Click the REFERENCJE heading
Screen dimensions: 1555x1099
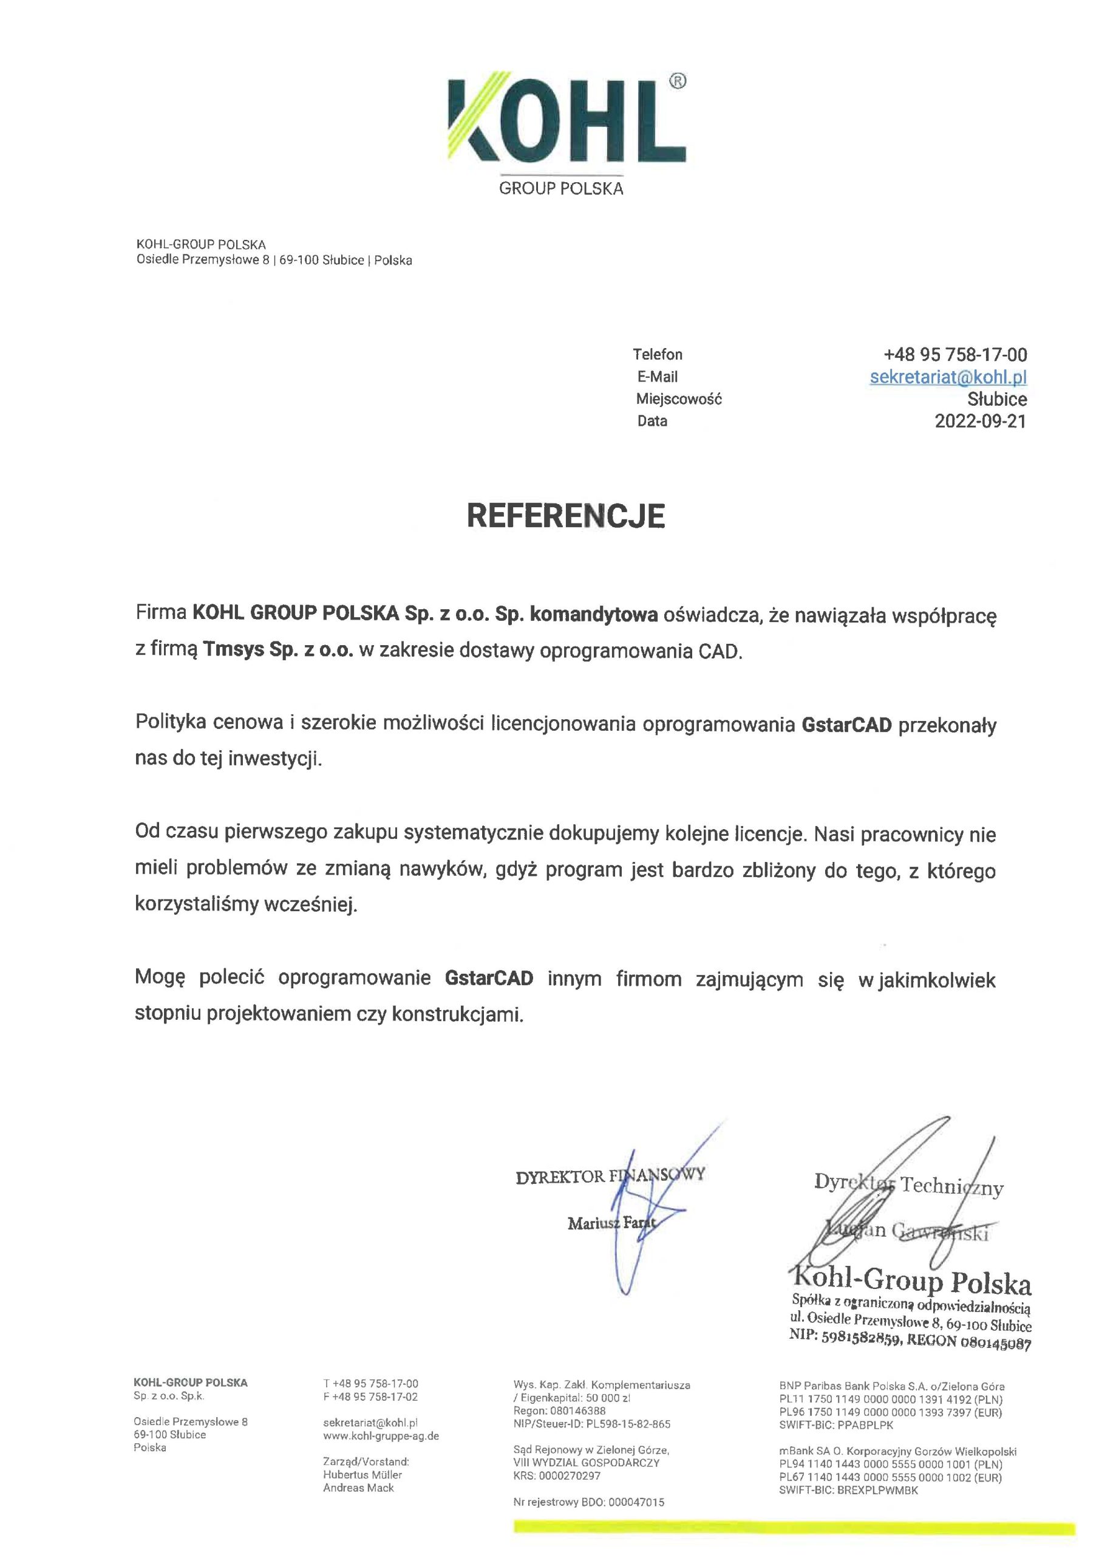coord(565,516)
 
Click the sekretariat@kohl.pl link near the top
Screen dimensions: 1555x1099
coord(948,377)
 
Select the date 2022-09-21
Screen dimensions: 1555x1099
coord(980,422)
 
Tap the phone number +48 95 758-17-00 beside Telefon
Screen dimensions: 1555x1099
coord(954,354)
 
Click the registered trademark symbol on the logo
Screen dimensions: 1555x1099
coord(677,81)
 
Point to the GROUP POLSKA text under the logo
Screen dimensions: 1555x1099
coord(560,189)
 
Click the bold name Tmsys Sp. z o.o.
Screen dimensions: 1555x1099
coord(278,650)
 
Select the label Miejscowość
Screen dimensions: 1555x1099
coord(678,399)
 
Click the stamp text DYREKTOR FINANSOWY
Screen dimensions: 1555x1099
coord(610,1177)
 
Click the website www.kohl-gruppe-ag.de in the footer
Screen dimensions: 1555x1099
coord(381,1436)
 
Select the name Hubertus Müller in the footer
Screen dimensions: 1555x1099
coord(362,1474)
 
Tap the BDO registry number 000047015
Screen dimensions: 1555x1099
coord(636,1502)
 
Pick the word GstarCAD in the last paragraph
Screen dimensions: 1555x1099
coord(489,979)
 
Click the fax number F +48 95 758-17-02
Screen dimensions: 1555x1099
coord(370,1396)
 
